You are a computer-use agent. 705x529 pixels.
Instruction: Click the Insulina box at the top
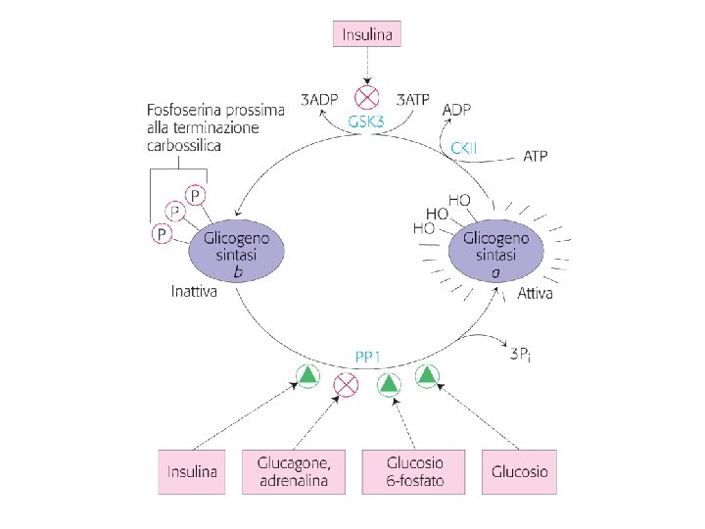366,34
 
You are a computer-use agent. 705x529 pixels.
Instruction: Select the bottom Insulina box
192,472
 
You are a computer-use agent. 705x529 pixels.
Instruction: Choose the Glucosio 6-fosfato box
414,472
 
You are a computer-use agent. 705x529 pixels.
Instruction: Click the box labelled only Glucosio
520,472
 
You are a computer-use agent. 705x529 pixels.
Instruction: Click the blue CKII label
465,148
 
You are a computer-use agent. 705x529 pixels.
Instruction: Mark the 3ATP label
414,99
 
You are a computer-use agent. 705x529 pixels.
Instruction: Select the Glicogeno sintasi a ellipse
497,253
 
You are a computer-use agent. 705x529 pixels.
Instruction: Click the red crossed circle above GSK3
366,98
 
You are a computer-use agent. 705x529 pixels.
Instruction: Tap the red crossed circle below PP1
345,383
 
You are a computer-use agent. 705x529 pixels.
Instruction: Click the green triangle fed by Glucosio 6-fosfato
389,383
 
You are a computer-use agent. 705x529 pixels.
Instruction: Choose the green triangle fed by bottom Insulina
307,375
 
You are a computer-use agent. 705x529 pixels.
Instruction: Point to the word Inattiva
194,292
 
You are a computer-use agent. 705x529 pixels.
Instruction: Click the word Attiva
537,294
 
